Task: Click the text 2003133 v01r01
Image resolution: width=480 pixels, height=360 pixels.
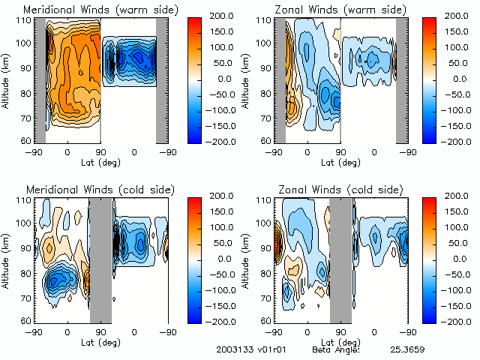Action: [x=247, y=349]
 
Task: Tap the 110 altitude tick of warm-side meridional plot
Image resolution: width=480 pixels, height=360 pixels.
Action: [x=26, y=19]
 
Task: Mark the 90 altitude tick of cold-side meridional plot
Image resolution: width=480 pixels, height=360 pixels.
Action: [x=26, y=248]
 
